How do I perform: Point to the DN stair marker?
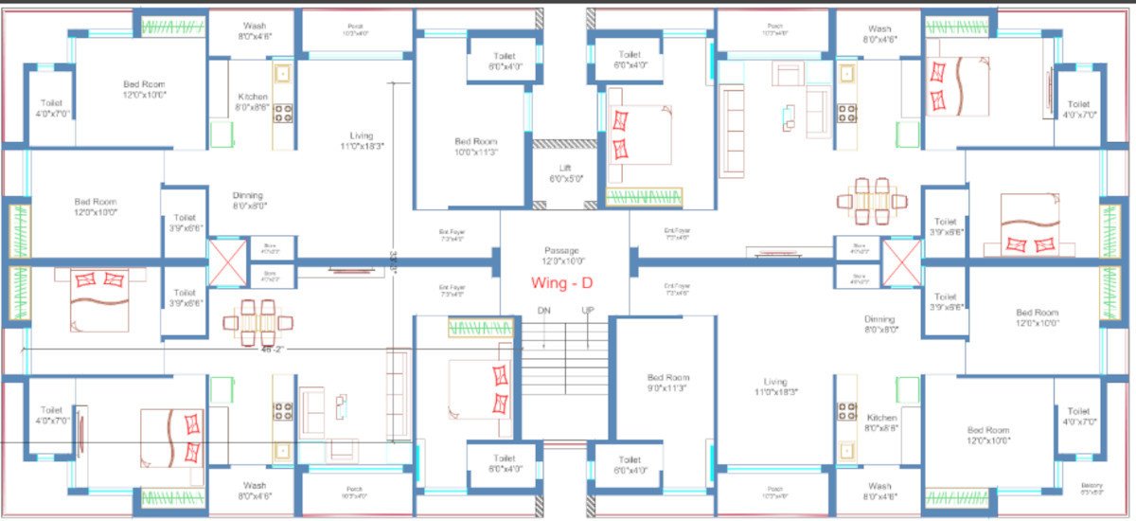[543, 311]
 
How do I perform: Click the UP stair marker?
[587, 311]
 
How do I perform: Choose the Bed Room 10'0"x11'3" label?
[475, 146]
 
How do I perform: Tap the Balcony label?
[1092, 489]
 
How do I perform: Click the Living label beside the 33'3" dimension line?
[361, 141]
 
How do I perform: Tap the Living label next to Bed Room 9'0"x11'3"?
[775, 386]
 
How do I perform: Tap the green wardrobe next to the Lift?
[644, 197]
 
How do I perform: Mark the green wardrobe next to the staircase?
[480, 329]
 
